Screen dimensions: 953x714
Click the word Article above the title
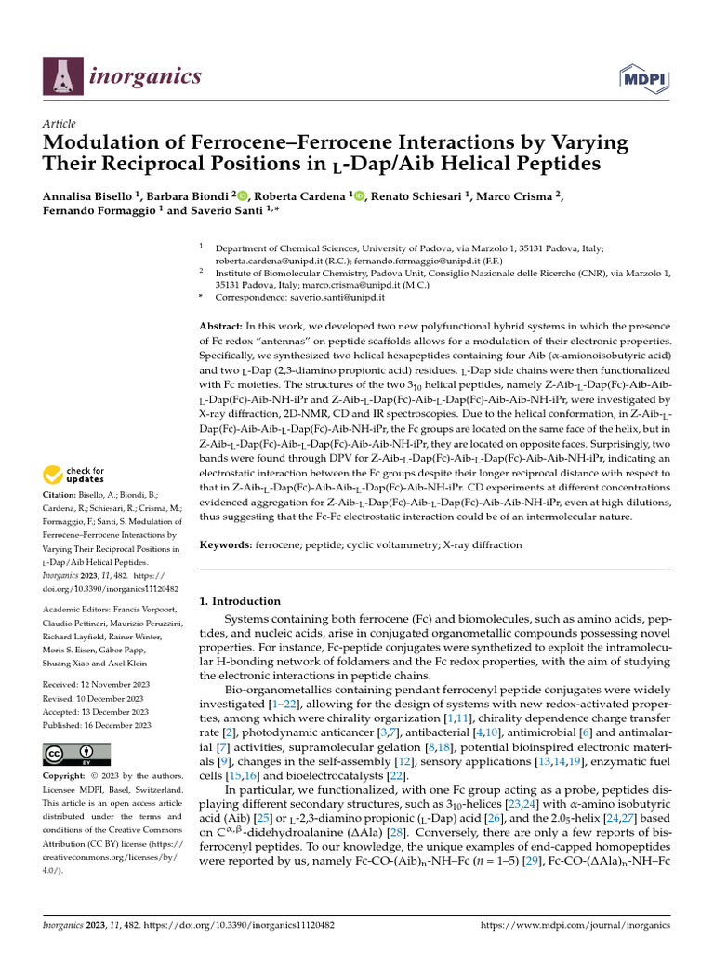(59, 124)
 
